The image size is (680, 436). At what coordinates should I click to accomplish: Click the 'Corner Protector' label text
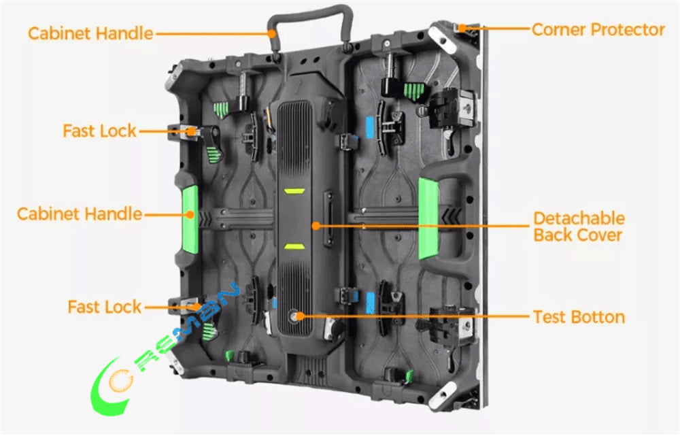(x=598, y=29)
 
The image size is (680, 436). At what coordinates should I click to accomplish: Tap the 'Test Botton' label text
(x=579, y=316)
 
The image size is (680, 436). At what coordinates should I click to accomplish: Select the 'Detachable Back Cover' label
(x=578, y=227)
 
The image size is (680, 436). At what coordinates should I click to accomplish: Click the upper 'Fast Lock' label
(x=99, y=131)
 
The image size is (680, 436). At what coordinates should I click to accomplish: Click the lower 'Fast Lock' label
(x=104, y=307)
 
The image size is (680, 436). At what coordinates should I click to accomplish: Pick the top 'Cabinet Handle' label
(x=90, y=33)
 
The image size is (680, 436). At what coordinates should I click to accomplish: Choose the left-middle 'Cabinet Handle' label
(x=80, y=214)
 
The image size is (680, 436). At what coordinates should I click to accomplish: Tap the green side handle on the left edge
(x=189, y=218)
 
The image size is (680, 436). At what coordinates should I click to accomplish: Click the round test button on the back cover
(x=298, y=316)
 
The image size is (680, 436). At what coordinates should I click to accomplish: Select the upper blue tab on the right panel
(x=371, y=127)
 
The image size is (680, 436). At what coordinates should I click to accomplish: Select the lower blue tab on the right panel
(x=371, y=301)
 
